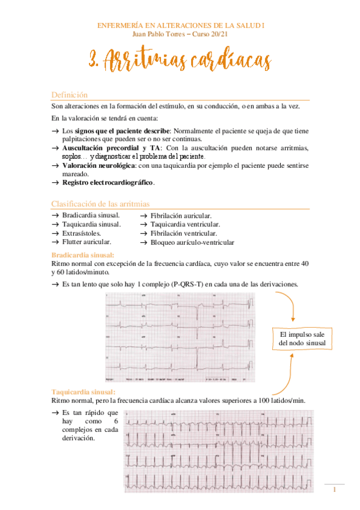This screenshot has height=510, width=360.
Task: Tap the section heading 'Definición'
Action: point(69,95)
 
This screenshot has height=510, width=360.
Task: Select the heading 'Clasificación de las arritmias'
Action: point(100,204)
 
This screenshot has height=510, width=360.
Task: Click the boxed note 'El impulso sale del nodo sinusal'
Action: point(302,339)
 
